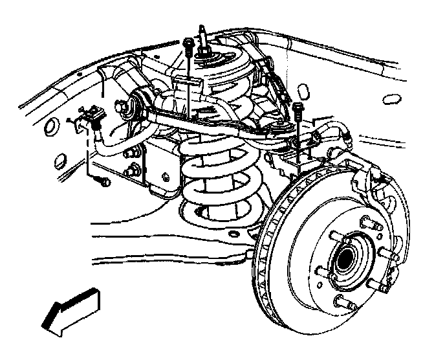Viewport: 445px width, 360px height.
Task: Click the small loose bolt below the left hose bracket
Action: [103, 182]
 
